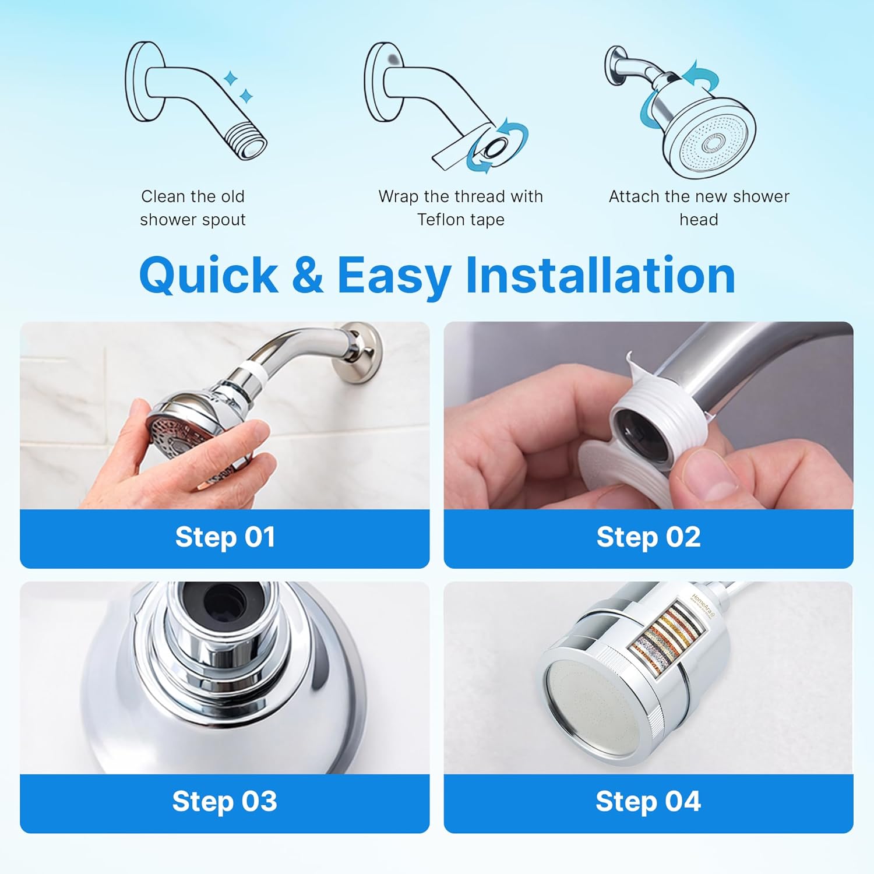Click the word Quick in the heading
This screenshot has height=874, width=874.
coord(208,275)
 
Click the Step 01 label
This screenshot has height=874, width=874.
coord(225,537)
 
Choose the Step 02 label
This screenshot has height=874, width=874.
coord(648,537)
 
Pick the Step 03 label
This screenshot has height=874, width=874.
coord(225,801)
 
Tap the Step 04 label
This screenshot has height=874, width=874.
coord(648,801)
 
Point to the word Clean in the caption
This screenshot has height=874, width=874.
coord(163,196)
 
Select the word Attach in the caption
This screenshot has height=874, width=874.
coord(633,196)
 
